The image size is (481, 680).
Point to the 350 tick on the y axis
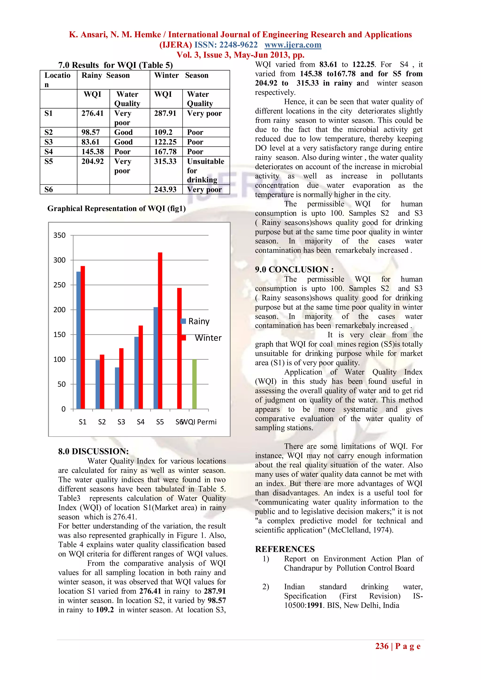[x=59, y=235]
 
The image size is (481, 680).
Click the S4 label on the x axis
[x=141, y=422]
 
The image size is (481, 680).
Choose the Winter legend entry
[x=207, y=338]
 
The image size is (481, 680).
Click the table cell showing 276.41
[x=93, y=113]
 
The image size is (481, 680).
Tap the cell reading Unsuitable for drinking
[x=206, y=170]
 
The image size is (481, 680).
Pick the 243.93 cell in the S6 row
[x=165, y=190]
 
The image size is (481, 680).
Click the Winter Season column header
[x=181, y=76]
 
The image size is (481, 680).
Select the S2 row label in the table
[x=49, y=132]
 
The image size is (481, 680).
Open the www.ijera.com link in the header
[x=293, y=45]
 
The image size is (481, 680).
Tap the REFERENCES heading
[x=285, y=549]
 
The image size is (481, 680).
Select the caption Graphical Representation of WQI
[x=116, y=209]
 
